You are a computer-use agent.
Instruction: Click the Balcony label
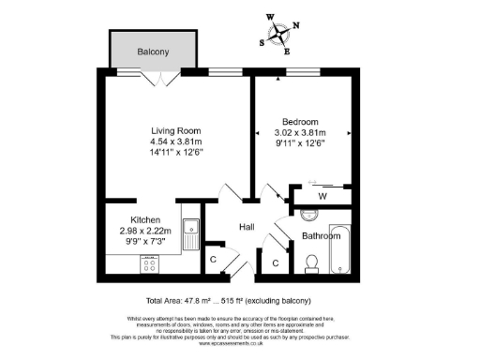(153, 52)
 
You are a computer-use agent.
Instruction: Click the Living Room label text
(177, 130)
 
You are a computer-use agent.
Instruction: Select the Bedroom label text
(300, 122)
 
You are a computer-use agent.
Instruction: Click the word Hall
(247, 227)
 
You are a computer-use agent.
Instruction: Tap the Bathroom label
(319, 236)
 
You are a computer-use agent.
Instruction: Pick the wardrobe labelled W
(321, 197)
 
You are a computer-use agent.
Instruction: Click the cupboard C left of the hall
(214, 260)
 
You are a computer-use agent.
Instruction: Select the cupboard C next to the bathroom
(275, 263)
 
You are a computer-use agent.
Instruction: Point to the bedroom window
(300, 71)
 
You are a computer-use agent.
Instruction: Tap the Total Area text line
(239, 301)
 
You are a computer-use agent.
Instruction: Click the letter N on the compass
(296, 25)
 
